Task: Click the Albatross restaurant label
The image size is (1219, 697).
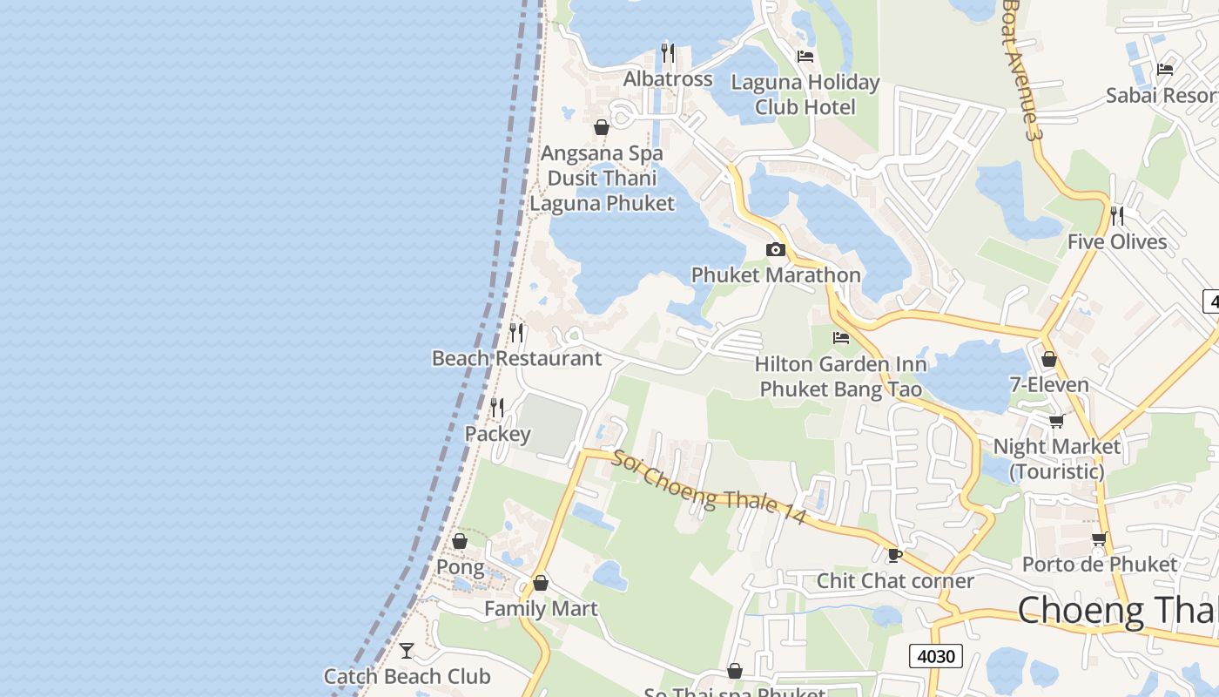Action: click(x=668, y=79)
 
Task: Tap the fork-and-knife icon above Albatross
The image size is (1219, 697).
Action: click(x=668, y=52)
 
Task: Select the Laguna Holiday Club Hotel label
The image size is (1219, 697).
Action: click(x=805, y=94)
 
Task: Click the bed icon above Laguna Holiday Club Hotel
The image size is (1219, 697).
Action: click(x=805, y=57)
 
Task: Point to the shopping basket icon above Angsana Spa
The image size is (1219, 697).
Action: click(x=601, y=127)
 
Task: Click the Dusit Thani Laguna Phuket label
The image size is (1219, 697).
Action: click(x=602, y=191)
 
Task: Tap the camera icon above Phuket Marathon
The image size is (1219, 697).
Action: click(x=775, y=250)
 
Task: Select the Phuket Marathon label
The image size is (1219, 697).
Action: click(x=775, y=275)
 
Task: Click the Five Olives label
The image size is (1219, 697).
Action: click(x=1117, y=241)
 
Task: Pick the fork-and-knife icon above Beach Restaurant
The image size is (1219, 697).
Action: click(x=516, y=332)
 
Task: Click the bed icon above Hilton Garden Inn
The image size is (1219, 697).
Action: click(x=840, y=338)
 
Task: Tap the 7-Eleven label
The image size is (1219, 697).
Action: click(x=1048, y=384)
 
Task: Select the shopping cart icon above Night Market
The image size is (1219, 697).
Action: click(x=1056, y=422)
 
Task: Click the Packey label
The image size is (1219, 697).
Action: click(x=497, y=434)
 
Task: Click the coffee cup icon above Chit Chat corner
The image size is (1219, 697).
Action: click(x=894, y=555)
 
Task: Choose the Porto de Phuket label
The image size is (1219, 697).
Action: click(x=1099, y=564)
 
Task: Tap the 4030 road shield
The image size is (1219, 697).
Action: click(x=936, y=656)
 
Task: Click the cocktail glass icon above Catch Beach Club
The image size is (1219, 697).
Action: click(x=406, y=650)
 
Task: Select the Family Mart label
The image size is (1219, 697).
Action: click(x=541, y=608)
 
